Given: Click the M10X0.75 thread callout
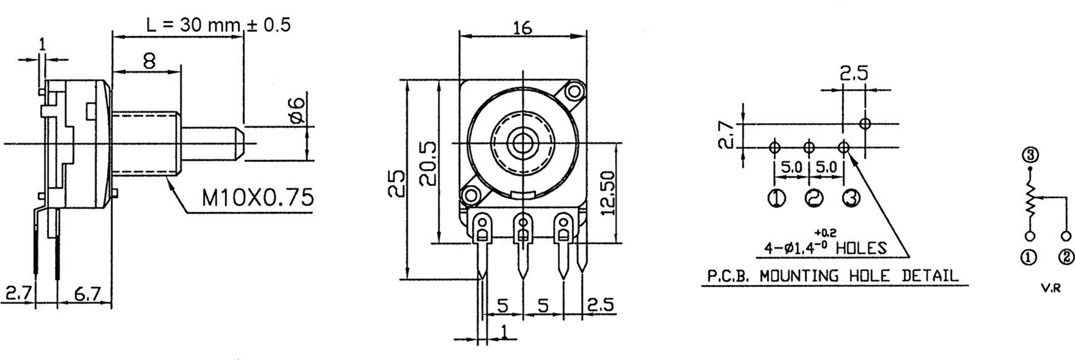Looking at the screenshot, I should pyautogui.click(x=257, y=198).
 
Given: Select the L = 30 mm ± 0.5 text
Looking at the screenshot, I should pyautogui.click(x=218, y=25).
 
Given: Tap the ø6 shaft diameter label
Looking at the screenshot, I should pyautogui.click(x=297, y=110).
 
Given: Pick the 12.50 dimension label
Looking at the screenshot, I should pyautogui.click(x=609, y=192).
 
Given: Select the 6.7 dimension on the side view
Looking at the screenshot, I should pyautogui.click(x=88, y=294).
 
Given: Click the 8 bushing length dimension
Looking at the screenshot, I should pyautogui.click(x=149, y=61).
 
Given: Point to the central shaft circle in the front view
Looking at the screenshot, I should pyautogui.click(x=520, y=144).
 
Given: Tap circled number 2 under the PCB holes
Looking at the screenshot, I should pyautogui.click(x=813, y=199).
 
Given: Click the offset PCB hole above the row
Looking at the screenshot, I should pyautogui.click(x=865, y=123).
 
